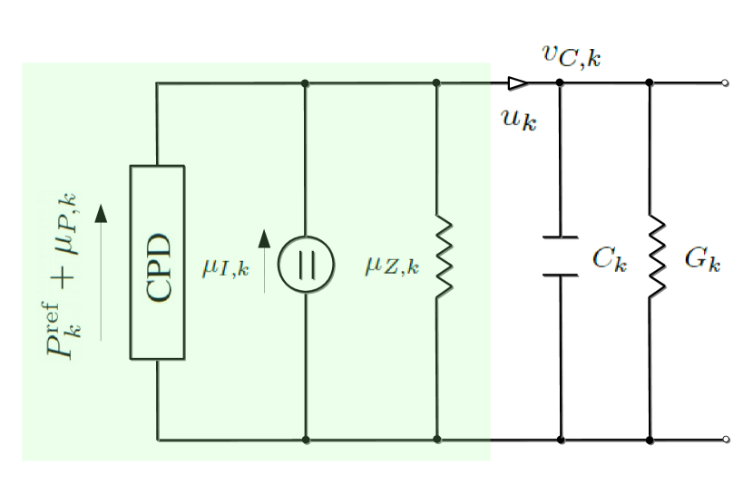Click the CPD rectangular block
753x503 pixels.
(158, 263)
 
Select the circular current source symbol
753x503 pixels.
(305, 264)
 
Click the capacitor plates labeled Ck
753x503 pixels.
(560, 256)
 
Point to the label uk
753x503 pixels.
(519, 119)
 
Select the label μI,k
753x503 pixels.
(225, 267)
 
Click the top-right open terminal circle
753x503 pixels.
(724, 83)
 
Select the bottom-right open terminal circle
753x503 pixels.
(724, 440)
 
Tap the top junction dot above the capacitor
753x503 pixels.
(560, 83)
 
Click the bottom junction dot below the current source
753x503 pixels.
(305, 440)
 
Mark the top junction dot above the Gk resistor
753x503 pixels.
(650, 83)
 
